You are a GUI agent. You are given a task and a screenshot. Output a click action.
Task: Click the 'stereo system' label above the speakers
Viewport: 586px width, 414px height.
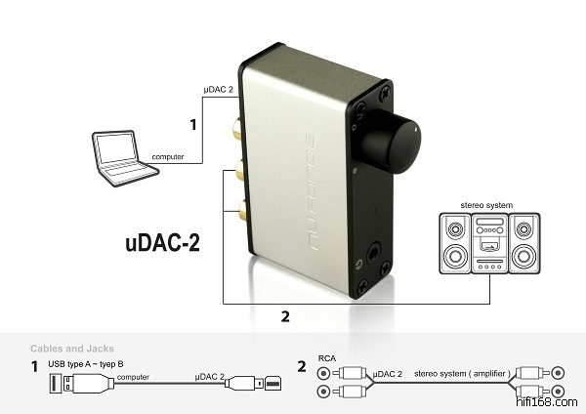[x=486, y=205]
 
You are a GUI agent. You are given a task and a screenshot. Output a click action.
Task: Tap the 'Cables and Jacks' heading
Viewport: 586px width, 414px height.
[x=71, y=349]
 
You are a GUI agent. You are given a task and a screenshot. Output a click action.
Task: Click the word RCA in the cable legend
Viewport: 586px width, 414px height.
[x=327, y=358]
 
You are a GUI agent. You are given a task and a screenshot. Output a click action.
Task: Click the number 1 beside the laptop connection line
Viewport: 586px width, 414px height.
[x=193, y=125]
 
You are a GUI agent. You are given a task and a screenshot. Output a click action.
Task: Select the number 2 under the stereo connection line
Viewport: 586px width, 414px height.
[x=285, y=316]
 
